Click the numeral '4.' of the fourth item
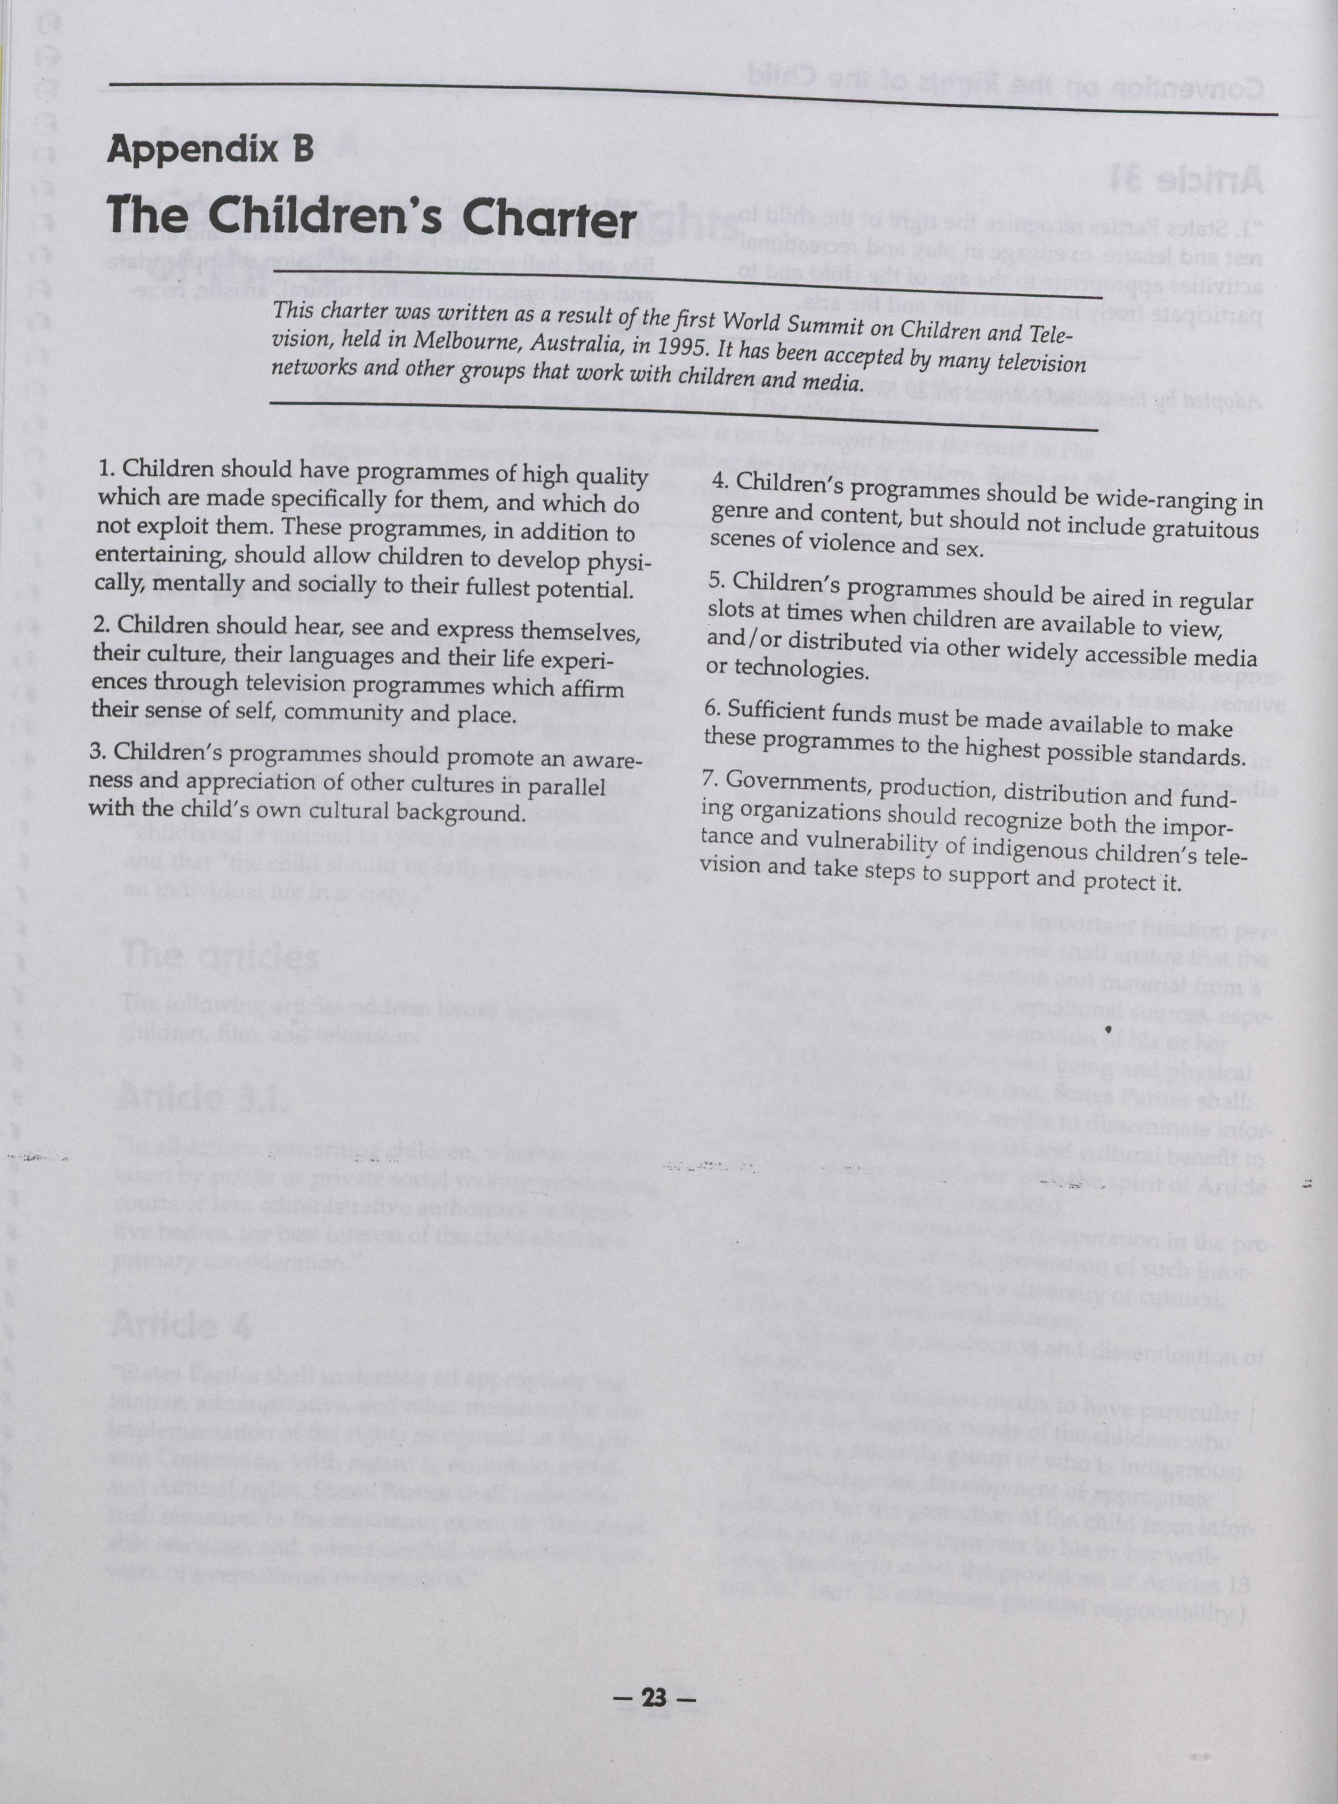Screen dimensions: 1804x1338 coord(718,480)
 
